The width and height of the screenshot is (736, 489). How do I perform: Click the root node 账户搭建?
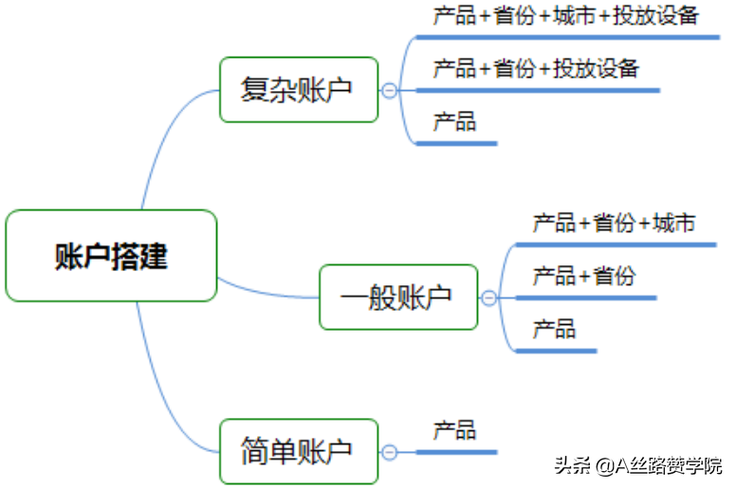tap(111, 256)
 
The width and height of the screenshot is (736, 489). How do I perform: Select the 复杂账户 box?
tap(299, 89)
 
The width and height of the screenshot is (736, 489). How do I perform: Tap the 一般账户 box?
tap(398, 297)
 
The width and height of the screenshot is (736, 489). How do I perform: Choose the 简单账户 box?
tap(299, 450)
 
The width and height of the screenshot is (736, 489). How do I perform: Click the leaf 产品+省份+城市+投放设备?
tap(565, 16)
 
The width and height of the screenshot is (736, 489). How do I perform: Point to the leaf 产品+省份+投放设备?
tap(536, 68)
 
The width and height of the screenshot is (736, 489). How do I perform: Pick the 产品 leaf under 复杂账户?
tap(454, 121)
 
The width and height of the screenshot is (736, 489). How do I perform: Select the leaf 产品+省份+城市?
tap(614, 224)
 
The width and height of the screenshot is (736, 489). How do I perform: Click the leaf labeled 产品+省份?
tap(583, 276)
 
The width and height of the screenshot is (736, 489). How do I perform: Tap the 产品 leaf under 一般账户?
tap(554, 329)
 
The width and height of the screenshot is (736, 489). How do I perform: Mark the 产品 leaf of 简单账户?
tap(454, 430)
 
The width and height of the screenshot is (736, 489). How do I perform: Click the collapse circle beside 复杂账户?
tap(389, 90)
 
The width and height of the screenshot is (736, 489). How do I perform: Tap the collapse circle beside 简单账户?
tap(389, 452)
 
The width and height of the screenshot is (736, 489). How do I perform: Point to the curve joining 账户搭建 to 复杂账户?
tap(161, 142)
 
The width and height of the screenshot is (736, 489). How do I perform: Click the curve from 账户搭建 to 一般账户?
tap(270, 292)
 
